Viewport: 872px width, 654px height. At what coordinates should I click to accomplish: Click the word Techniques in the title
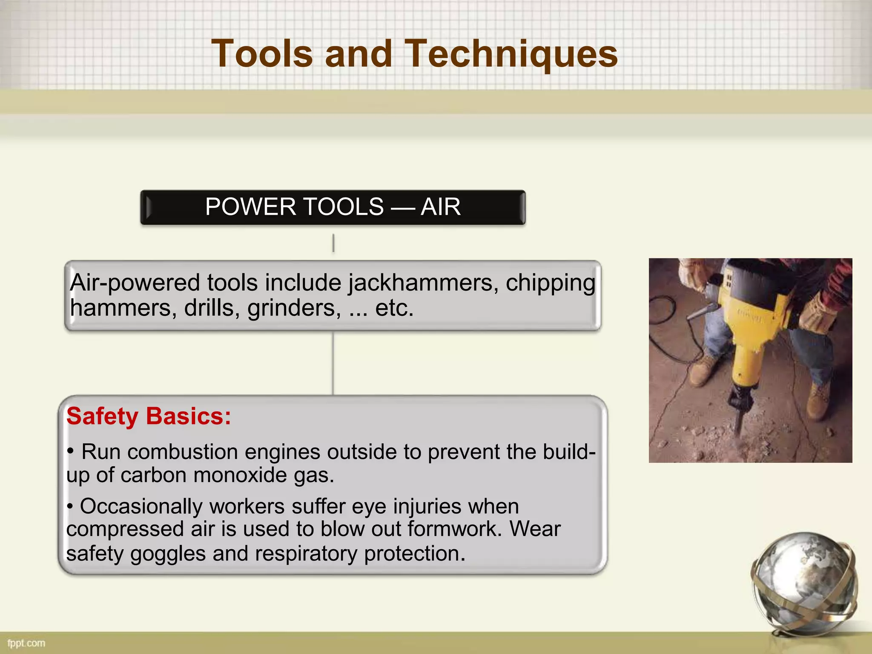point(511,54)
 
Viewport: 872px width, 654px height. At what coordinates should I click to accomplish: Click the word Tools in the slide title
point(262,54)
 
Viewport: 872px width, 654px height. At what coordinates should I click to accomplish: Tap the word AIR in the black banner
point(440,207)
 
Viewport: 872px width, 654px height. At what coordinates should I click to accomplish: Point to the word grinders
point(294,308)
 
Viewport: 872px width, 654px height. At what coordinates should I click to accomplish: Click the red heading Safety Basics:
point(149,416)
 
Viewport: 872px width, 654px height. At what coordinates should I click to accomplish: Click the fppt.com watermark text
point(26,643)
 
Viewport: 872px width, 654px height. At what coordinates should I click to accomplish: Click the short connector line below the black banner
point(333,243)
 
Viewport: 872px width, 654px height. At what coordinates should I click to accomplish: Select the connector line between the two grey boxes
point(333,363)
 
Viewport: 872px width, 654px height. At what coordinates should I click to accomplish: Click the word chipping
point(550,283)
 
